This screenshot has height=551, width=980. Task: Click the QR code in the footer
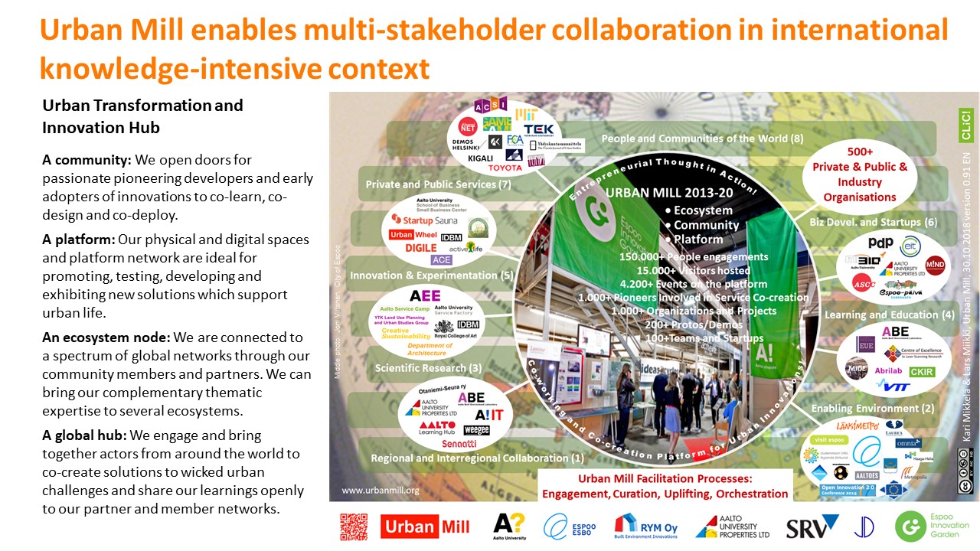coord(354,527)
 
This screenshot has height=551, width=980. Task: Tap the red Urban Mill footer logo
coord(425,527)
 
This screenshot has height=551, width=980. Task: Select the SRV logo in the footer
coord(812,527)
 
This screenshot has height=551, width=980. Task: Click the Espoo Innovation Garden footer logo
coord(931,527)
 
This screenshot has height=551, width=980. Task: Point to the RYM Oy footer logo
coord(645,527)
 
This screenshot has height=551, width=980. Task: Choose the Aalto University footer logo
coord(509,527)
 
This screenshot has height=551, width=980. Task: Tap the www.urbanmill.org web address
coord(380,491)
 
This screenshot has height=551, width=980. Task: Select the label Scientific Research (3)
coord(428,368)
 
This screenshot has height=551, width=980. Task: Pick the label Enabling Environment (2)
coord(883,409)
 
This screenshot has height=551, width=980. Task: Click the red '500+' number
coord(860,152)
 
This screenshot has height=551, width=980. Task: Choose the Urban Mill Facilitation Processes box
coord(664,487)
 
